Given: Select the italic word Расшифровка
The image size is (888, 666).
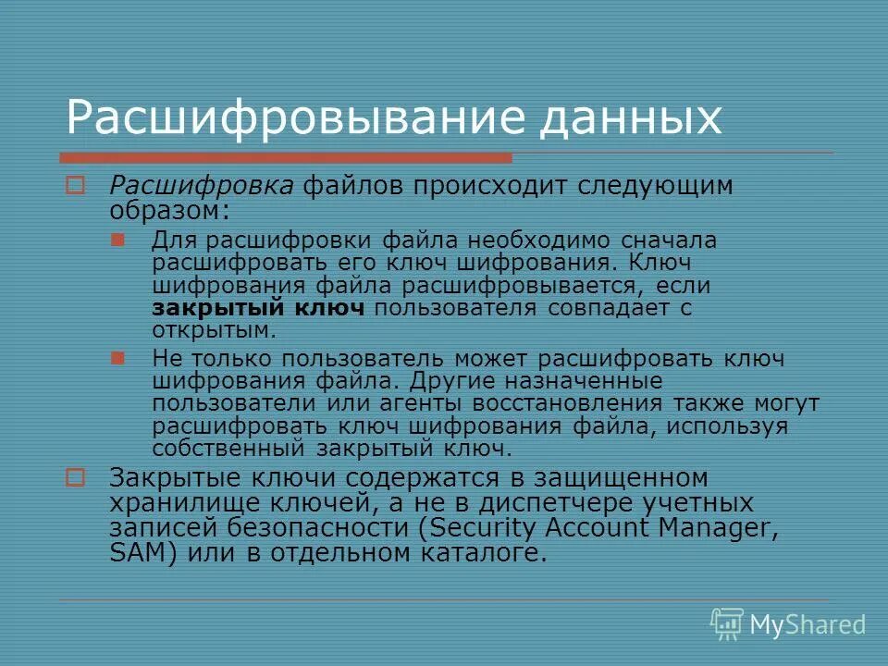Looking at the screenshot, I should [203, 185].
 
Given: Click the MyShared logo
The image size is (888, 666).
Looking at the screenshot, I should [788, 624].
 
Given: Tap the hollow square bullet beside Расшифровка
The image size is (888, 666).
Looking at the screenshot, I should [75, 186].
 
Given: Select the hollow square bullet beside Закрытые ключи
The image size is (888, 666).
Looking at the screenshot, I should [75, 478].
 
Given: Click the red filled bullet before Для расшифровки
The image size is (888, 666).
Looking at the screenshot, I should [117, 240].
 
